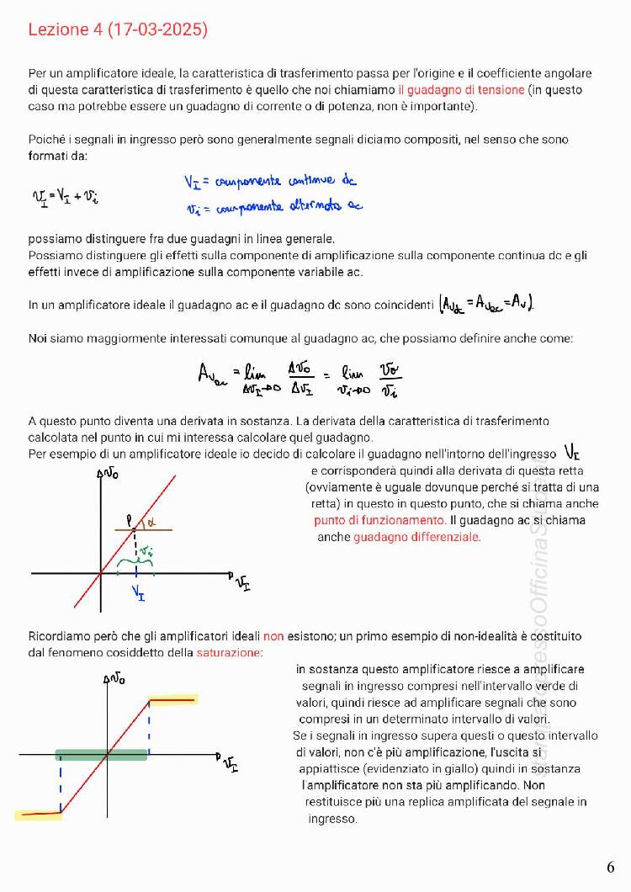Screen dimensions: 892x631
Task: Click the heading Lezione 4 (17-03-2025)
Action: click(x=118, y=30)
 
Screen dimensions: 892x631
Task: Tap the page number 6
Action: click(x=610, y=867)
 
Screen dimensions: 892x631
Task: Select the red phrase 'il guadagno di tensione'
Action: click(x=461, y=89)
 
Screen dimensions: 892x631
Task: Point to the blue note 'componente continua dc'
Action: click(x=271, y=182)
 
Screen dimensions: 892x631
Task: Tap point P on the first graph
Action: click(x=131, y=523)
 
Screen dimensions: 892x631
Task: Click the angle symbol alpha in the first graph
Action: click(x=151, y=523)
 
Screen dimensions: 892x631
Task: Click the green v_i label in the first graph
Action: click(x=146, y=551)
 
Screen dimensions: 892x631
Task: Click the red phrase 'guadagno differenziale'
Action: click(x=416, y=536)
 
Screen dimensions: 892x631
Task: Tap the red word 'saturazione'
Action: click(x=229, y=652)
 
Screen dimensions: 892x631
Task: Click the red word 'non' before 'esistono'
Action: click(x=273, y=636)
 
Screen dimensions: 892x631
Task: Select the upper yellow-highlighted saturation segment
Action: click(x=172, y=699)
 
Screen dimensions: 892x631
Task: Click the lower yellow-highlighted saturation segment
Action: click(x=38, y=814)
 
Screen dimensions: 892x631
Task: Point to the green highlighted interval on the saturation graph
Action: click(x=101, y=755)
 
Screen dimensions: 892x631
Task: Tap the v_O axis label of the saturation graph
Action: click(x=115, y=678)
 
